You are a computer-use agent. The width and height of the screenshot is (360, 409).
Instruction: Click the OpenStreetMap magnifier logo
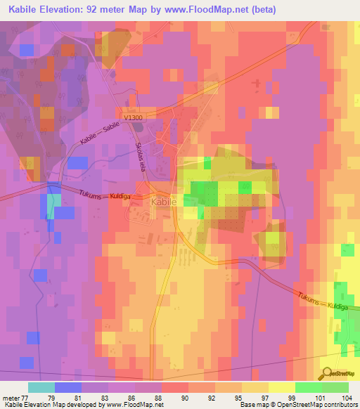point(328,372)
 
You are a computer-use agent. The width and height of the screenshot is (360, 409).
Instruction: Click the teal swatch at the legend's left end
point(41,387)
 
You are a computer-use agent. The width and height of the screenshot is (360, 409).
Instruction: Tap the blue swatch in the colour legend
point(67,387)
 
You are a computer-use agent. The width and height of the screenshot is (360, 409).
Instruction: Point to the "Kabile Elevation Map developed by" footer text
point(48,405)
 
